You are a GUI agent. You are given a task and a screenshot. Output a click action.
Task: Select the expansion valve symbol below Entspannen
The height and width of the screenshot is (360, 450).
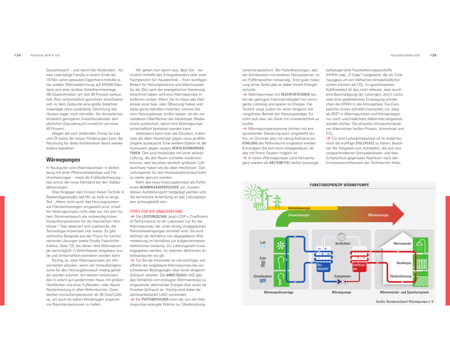(x=341, y=282)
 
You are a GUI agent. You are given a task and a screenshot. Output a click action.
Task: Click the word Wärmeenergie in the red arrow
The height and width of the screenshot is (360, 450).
(x=379, y=215)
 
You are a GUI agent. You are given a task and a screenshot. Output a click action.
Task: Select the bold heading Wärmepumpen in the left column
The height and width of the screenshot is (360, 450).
(x=63, y=160)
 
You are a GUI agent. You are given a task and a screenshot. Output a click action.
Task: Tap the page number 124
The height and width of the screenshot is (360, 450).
(x=18, y=55)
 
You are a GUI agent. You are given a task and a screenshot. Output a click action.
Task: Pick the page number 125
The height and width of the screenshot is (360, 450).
(x=433, y=55)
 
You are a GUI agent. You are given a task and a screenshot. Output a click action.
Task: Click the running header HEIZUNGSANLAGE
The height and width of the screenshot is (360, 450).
(x=405, y=55)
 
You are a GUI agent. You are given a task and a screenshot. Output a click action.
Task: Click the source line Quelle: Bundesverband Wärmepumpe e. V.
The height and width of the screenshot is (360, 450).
(x=405, y=301)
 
